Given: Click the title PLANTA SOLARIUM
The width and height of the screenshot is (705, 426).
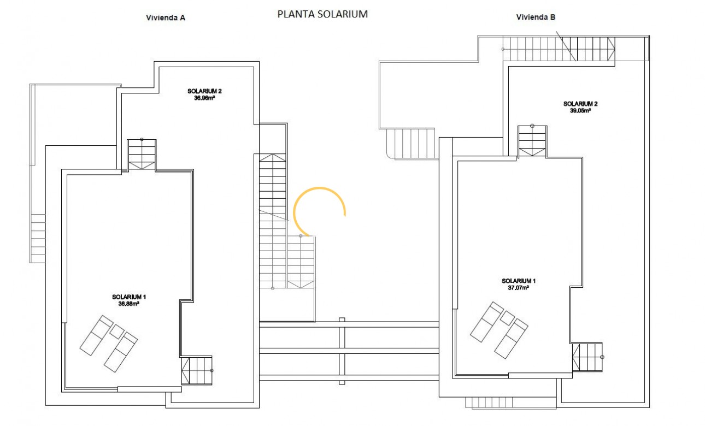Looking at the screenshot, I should coord(322,14).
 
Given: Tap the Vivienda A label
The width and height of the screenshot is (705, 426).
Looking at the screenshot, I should coord(166,17).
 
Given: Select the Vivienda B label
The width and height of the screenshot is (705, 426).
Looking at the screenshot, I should coord(536,17).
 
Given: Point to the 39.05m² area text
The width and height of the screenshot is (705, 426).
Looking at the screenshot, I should coord(580,110).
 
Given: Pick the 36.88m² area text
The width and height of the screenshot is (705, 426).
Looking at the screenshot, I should coord(128,304).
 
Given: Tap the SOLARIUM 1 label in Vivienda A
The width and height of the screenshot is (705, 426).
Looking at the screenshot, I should coord(129,297).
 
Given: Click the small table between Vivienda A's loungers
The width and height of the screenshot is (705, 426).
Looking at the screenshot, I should coord(117,331).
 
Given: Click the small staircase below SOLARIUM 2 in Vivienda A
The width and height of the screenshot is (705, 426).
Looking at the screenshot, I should coord(142,155).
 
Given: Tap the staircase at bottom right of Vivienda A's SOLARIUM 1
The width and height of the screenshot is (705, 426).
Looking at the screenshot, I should coord(196,371).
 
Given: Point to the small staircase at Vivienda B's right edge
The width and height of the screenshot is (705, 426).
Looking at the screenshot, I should coord(587,357).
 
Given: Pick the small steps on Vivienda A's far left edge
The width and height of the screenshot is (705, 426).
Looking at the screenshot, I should coord(38,238).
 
